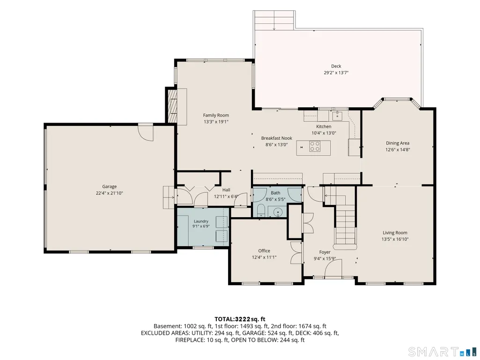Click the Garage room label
pos(109,186)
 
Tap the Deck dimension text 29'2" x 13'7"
pos(336,73)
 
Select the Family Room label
pos(216,116)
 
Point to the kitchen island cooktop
pos(315,146)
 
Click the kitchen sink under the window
pos(337,116)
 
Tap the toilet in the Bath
pos(261,211)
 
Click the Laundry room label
pos(201,221)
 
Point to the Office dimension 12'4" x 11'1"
pos(264,257)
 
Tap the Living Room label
pos(395,233)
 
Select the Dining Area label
pos(398,143)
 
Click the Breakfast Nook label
pos(277,139)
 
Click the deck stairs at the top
pos(274,20)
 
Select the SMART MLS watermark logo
pos(443,351)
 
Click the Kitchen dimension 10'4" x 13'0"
pos(324,133)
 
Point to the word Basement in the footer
pos(167,326)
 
